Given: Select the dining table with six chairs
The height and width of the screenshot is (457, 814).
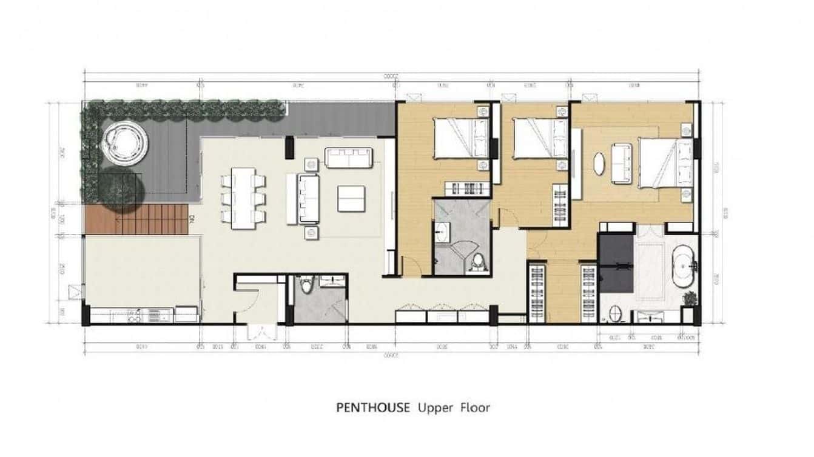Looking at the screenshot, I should pyautogui.click(x=243, y=198).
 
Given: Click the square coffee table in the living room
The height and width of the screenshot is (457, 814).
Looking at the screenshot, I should pyautogui.click(x=351, y=199).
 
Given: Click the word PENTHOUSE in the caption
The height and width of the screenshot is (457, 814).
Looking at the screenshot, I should pyautogui.click(x=373, y=407).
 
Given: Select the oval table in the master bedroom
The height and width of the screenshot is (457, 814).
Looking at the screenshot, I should pyautogui.click(x=599, y=164).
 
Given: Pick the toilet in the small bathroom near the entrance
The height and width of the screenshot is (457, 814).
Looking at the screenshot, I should pyautogui.click(x=307, y=285).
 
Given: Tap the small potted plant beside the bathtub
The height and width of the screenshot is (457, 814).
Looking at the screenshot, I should pyautogui.click(x=690, y=298).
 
